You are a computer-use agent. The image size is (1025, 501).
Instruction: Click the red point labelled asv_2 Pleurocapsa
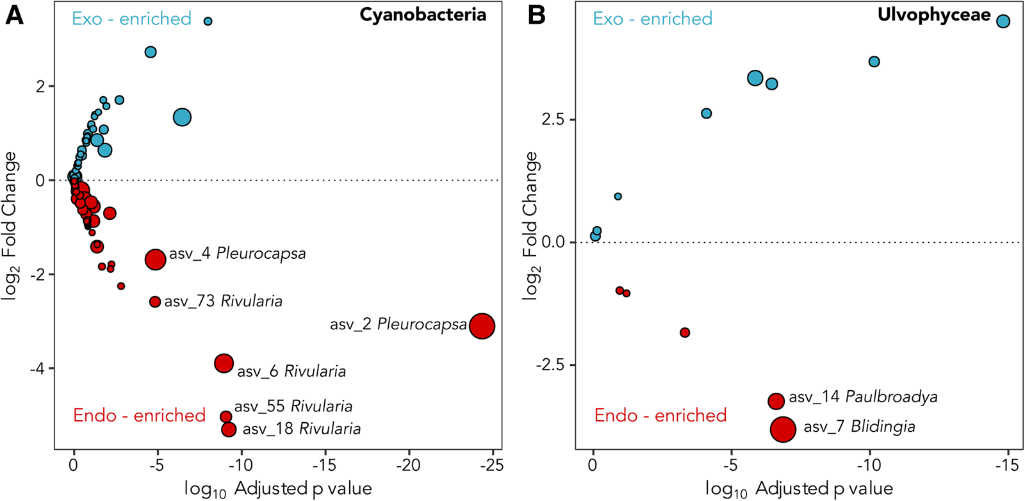click(482, 325)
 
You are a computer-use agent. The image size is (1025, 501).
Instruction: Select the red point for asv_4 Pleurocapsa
click(155, 259)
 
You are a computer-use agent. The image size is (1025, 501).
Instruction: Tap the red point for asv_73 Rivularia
click(155, 302)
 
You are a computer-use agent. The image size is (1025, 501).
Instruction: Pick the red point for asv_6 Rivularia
click(224, 363)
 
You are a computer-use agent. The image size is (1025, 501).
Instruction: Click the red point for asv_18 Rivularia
click(229, 429)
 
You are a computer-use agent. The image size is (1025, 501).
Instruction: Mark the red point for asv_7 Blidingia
click(783, 429)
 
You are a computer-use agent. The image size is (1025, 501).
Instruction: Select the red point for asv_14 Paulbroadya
click(776, 401)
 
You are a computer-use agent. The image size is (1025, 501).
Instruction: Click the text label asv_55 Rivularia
click(293, 406)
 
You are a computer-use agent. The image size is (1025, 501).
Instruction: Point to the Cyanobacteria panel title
click(422, 15)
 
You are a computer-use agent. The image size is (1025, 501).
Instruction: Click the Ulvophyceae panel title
click(934, 15)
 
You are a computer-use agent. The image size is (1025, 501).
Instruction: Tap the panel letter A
click(14, 15)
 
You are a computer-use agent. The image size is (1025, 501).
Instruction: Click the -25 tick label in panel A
click(491, 465)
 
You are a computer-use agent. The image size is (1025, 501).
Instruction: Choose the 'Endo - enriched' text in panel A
click(139, 415)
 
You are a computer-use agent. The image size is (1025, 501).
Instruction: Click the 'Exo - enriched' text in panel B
click(652, 19)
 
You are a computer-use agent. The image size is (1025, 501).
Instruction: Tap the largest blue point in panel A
click(183, 117)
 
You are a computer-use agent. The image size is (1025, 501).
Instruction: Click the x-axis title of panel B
click(799, 489)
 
